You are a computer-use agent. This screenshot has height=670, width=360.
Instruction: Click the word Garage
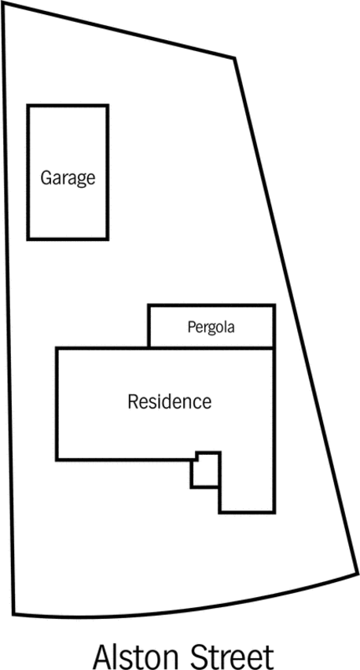tap(68, 178)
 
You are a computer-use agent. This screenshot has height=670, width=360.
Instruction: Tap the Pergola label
tap(211, 328)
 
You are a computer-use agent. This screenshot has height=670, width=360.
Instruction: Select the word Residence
tap(170, 401)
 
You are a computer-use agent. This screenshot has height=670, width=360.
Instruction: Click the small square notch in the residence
tap(206, 469)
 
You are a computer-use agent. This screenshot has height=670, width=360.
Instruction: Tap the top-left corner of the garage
tap(28, 105)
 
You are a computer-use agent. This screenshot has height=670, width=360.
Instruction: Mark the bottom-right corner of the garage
tap(107, 239)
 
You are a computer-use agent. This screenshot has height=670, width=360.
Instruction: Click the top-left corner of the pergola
tap(149, 305)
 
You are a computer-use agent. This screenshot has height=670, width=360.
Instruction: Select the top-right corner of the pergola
tap(274, 305)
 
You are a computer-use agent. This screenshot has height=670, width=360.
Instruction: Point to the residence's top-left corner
tap(57, 349)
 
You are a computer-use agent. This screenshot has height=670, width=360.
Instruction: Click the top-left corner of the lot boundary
tap(2, 3)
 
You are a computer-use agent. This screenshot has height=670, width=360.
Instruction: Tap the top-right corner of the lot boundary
tap(234, 57)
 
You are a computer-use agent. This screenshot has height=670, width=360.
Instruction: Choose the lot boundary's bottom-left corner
tap(13, 614)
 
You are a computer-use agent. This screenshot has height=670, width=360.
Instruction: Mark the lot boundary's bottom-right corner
tap(357, 573)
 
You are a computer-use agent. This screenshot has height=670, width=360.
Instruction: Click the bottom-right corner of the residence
tap(274, 511)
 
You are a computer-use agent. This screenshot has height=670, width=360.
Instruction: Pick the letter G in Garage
tap(46, 178)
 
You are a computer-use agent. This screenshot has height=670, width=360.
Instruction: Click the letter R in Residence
tap(133, 401)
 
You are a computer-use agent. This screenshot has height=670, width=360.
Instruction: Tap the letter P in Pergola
tap(191, 327)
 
